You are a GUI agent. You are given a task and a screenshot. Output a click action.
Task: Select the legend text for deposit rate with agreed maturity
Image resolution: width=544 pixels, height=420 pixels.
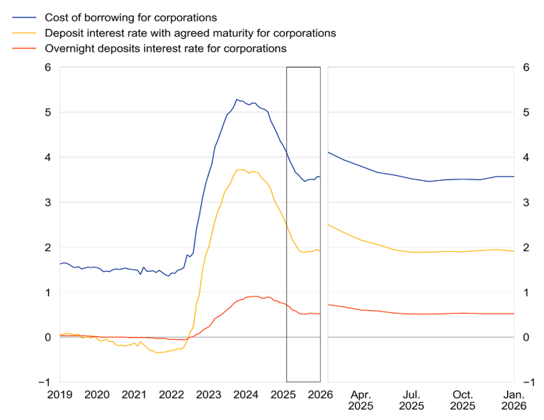(x=190, y=33)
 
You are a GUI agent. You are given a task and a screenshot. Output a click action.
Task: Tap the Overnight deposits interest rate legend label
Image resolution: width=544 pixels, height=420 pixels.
(x=165, y=49)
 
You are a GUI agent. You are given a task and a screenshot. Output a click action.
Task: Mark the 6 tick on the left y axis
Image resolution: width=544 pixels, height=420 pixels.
(x=48, y=67)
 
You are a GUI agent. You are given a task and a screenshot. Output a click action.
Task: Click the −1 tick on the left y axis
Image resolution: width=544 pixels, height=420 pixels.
(x=45, y=382)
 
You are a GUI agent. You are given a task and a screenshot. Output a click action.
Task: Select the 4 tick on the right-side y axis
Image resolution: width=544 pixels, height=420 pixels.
(x=526, y=157)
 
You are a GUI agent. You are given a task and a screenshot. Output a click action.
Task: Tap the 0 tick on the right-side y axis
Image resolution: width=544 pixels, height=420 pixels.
(x=526, y=337)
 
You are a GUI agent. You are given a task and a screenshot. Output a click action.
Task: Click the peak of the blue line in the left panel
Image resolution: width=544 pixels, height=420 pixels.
(x=237, y=99)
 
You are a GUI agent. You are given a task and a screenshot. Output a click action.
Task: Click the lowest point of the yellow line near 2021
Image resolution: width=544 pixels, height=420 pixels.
(x=159, y=353)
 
